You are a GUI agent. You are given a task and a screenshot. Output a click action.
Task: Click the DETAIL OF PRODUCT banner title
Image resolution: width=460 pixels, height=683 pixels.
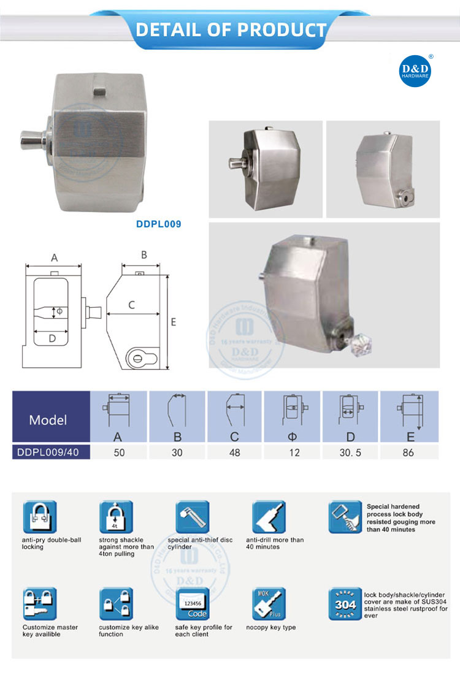pyautogui.click(x=231, y=29)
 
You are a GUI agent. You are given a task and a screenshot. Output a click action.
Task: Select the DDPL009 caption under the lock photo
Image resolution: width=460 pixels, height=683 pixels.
pyautogui.click(x=158, y=224)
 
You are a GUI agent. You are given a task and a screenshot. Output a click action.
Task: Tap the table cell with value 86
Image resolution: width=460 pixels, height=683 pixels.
pyautogui.click(x=409, y=452)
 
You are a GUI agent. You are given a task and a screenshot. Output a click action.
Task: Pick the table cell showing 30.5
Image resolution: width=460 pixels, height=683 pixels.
pyautogui.click(x=353, y=452)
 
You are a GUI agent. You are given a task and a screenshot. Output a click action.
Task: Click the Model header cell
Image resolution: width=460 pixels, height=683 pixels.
pyautogui.click(x=48, y=421)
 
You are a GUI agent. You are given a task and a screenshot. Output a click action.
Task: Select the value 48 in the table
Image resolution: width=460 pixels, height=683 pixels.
pyautogui.click(x=236, y=452)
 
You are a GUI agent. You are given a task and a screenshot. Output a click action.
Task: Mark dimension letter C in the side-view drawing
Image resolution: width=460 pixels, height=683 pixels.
pyautogui.click(x=131, y=304)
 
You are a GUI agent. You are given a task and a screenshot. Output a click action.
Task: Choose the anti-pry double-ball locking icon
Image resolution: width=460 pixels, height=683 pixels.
pyautogui.click(x=39, y=517)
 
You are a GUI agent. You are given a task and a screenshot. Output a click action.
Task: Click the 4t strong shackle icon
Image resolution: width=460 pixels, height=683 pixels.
pyautogui.click(x=116, y=517)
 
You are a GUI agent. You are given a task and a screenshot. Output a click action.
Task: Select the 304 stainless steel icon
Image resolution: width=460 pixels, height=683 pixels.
pyautogui.click(x=345, y=604)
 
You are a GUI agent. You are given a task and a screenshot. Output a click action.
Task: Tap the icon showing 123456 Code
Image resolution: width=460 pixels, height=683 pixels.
pyautogui.click(x=193, y=604)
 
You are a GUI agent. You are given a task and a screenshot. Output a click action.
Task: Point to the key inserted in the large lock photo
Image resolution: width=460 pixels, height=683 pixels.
pyautogui.click(x=355, y=340)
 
